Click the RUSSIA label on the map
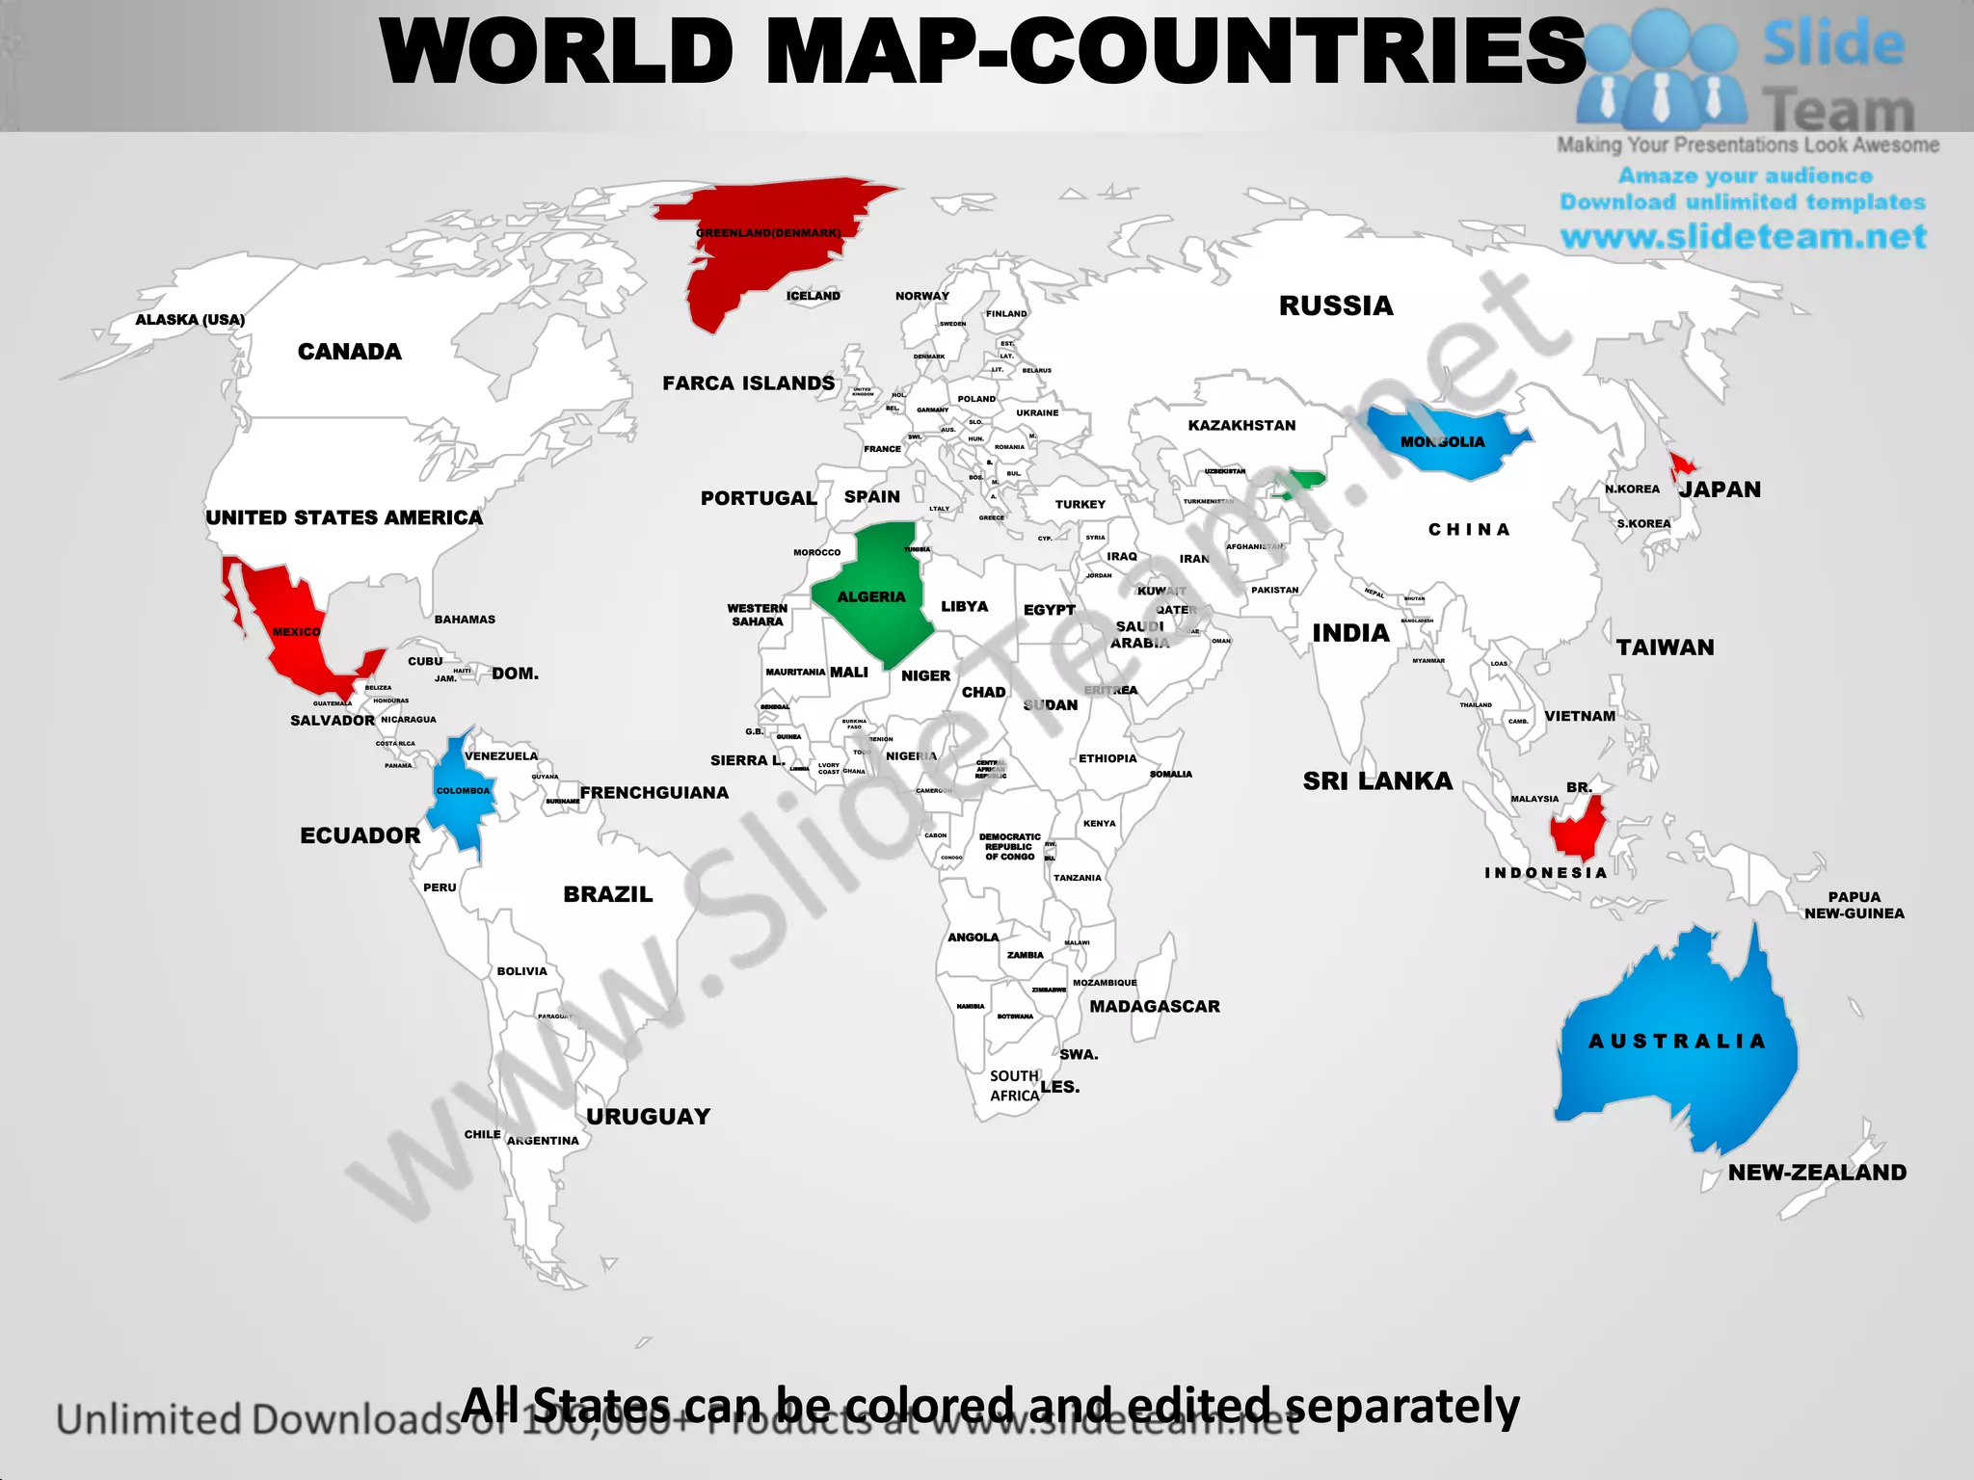[x=1336, y=306]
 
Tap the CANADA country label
[x=349, y=352]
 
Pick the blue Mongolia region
[x=1446, y=443]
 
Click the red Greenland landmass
[x=761, y=241]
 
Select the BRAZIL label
[x=608, y=894]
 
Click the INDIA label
[x=1350, y=633]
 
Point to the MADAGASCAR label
[x=1155, y=1007]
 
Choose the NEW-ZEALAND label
[x=1817, y=1173]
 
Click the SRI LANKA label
[x=1377, y=781]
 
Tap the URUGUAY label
[x=649, y=1117]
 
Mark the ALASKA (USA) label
[x=190, y=320]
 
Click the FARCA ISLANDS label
[x=749, y=383]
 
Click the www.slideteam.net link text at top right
[x=1743, y=237]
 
